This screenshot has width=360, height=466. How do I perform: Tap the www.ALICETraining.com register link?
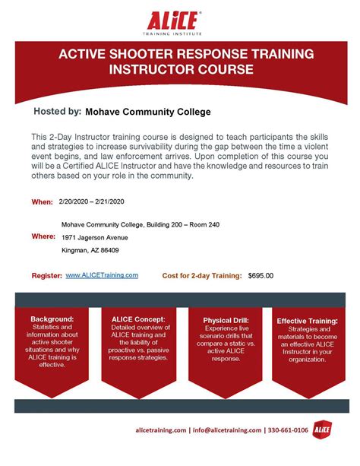coord(102,275)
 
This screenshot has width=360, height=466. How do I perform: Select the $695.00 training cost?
coord(261,276)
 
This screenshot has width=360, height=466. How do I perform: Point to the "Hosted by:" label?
coord(57,112)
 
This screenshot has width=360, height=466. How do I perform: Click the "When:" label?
coord(42,202)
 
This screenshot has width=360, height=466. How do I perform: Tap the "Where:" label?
coord(43,236)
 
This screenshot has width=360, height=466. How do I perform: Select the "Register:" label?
coord(46,276)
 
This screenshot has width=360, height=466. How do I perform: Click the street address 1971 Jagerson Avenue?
coord(95,236)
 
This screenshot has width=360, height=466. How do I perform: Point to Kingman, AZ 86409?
coord(90,250)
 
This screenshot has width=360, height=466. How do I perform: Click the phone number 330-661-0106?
coord(289,430)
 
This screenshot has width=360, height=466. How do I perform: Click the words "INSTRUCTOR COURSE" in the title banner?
coord(180,69)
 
